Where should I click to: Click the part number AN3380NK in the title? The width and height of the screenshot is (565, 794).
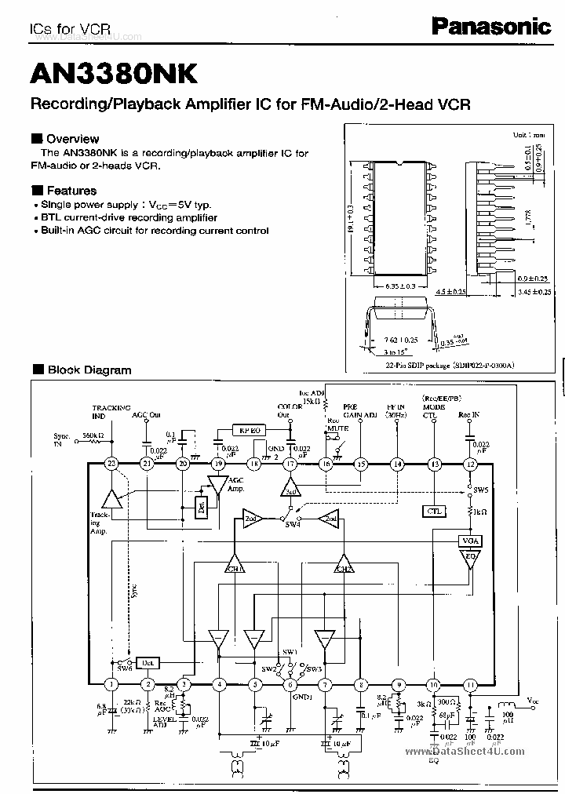click(115, 73)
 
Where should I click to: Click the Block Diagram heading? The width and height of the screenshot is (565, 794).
click(89, 370)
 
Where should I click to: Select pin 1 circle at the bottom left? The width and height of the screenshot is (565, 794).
click(111, 685)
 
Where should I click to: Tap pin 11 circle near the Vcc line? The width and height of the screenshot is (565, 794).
click(470, 685)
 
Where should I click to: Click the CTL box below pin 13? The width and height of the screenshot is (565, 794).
click(434, 511)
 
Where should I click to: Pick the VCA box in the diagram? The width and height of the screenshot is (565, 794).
click(470, 541)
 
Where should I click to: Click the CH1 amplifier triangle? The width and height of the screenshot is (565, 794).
click(235, 566)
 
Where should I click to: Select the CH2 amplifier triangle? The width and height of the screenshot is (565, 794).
click(344, 566)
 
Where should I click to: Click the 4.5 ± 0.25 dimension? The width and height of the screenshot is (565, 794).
click(451, 291)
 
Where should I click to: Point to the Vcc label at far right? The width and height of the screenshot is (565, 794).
click(533, 700)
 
